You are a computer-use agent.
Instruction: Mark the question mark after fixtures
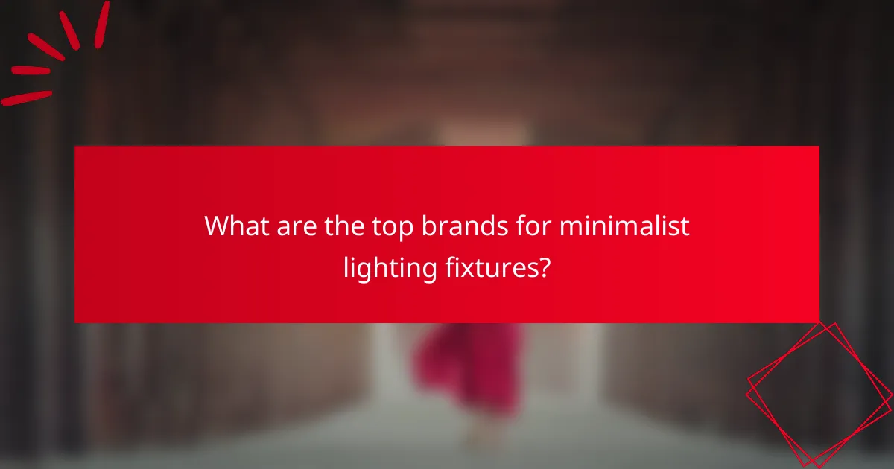[545, 267]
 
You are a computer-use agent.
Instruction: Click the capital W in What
[218, 226]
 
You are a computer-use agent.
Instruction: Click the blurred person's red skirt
[465, 365]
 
